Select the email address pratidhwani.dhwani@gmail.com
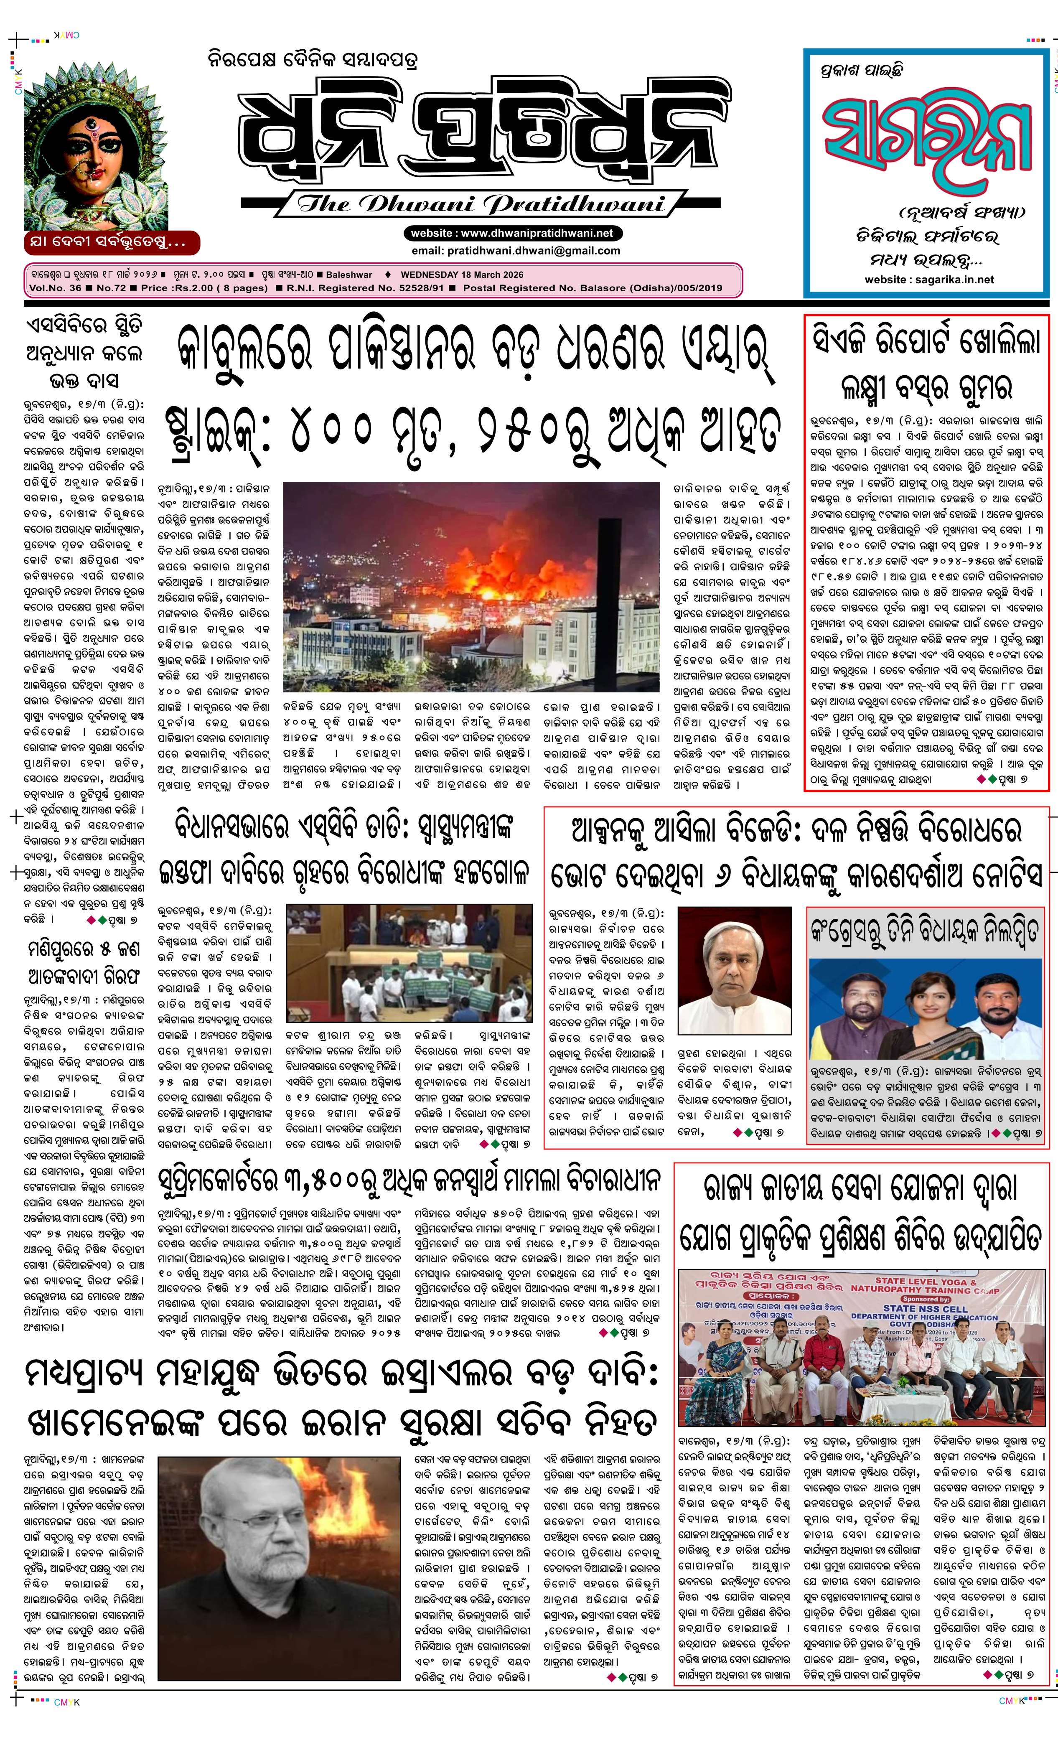[516, 250]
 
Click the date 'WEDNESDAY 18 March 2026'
[462, 275]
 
